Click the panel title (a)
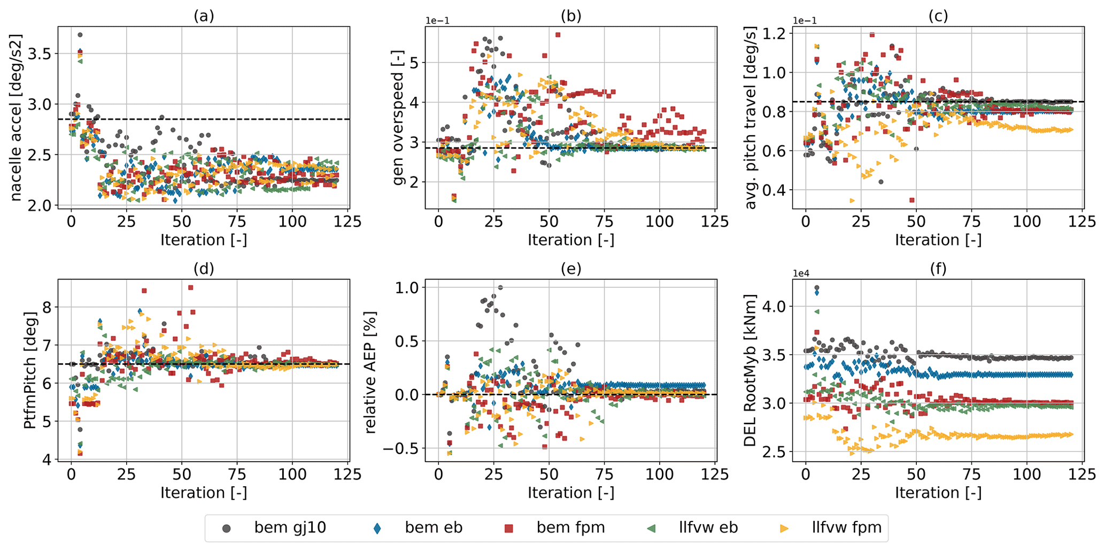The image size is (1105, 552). [x=204, y=16]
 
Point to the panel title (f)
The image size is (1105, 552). [x=938, y=269]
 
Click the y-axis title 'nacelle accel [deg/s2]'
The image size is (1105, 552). [x=16, y=118]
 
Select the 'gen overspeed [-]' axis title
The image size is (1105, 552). [x=398, y=118]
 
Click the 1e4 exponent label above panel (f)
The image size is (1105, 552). [x=801, y=274]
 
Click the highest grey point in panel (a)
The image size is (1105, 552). [x=80, y=35]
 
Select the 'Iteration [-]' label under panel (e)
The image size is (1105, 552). [x=571, y=493]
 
